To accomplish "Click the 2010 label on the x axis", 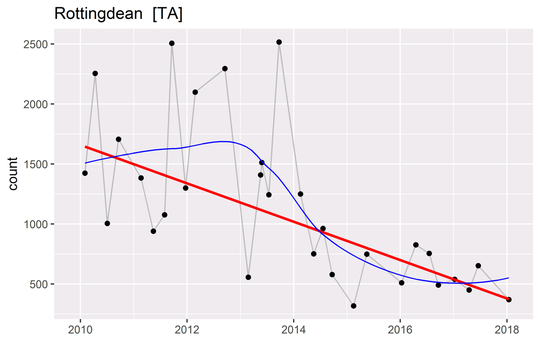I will click(x=80, y=331).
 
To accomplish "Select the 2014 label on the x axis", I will click(x=293, y=331).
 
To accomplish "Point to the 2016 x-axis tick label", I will click(x=400, y=331).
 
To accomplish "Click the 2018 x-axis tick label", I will click(x=507, y=331).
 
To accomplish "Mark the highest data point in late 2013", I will click(x=279, y=42).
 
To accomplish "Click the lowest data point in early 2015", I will click(x=354, y=306).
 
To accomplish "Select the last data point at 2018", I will click(x=509, y=300).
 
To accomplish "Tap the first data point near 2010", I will click(x=85, y=173).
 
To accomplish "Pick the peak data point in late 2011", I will click(x=172, y=43).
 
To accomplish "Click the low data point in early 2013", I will click(x=248, y=277).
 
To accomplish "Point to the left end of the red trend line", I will click(x=86, y=147).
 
